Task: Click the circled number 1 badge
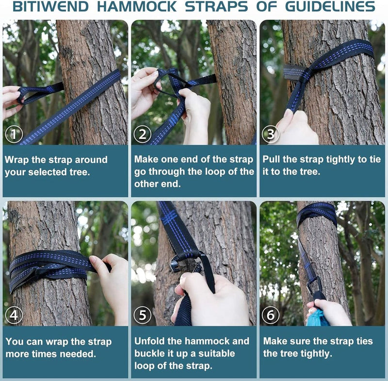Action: tap(14, 134)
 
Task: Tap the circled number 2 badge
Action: tap(143, 134)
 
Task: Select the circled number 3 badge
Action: tap(271, 134)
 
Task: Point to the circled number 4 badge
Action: tap(14, 315)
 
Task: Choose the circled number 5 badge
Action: tap(143, 315)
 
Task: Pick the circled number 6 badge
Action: tap(271, 315)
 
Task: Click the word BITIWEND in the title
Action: tap(50, 6)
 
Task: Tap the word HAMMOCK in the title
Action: tap(137, 6)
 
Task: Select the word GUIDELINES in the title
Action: tap(330, 6)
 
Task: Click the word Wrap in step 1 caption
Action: tap(16, 160)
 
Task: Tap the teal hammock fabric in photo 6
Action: tap(316, 318)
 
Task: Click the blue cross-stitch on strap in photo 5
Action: tap(169, 216)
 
